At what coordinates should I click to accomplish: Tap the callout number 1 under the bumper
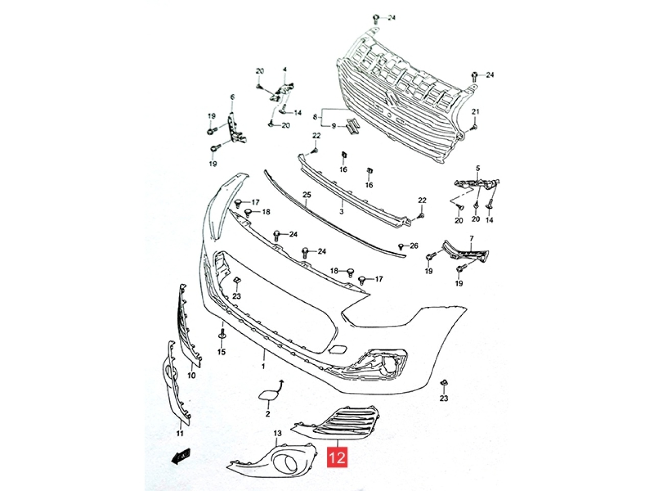point(263,366)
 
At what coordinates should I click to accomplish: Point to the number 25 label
point(307,195)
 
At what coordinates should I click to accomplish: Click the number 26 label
point(414,245)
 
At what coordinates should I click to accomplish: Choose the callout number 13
point(277,433)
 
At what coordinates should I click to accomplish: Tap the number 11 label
point(180,433)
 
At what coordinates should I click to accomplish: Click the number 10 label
point(191,375)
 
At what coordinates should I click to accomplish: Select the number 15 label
point(221,352)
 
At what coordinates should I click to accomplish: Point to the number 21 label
point(475,112)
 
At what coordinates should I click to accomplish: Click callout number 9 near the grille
point(334,126)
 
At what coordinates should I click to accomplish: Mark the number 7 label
point(472,238)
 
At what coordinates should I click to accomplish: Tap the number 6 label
point(232,97)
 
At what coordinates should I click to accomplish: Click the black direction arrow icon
point(181,463)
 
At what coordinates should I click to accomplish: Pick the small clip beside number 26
point(401,246)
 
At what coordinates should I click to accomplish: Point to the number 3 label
point(341,211)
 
